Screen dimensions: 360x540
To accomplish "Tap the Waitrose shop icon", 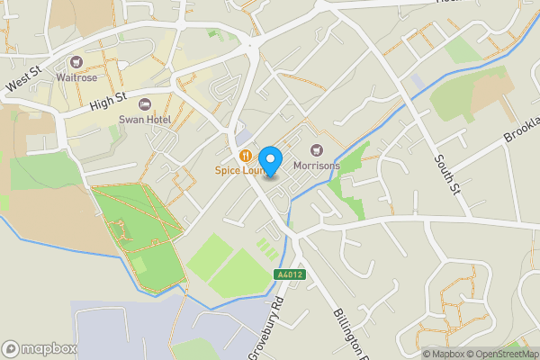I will [x=77, y=63].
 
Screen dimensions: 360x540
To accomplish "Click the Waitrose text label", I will [x=76, y=78].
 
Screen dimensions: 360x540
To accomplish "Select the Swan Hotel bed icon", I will [x=145, y=104].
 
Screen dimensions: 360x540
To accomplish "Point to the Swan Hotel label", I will [x=144, y=119].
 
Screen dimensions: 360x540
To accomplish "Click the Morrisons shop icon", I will [x=316, y=150].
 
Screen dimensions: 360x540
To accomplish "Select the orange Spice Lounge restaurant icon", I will [x=246, y=155].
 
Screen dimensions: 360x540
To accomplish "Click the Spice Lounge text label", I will [x=238, y=170].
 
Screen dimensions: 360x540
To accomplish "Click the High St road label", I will [x=108, y=99].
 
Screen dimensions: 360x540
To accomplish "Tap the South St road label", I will [x=445, y=166].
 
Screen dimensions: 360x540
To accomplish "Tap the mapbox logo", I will [x=39, y=348].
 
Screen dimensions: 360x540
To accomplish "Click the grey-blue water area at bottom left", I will [x=126, y=328].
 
